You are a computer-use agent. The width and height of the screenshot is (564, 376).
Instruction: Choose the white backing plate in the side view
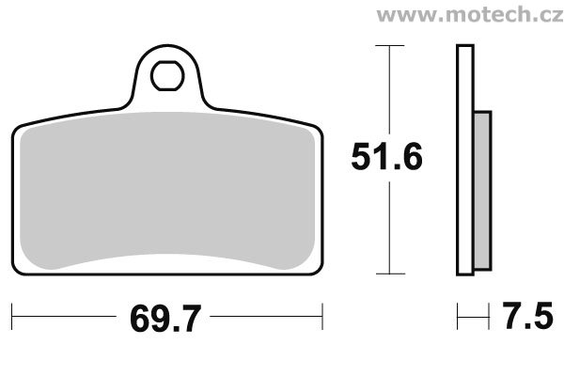[463, 160]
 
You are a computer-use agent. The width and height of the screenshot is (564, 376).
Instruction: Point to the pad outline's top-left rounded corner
[19, 128]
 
